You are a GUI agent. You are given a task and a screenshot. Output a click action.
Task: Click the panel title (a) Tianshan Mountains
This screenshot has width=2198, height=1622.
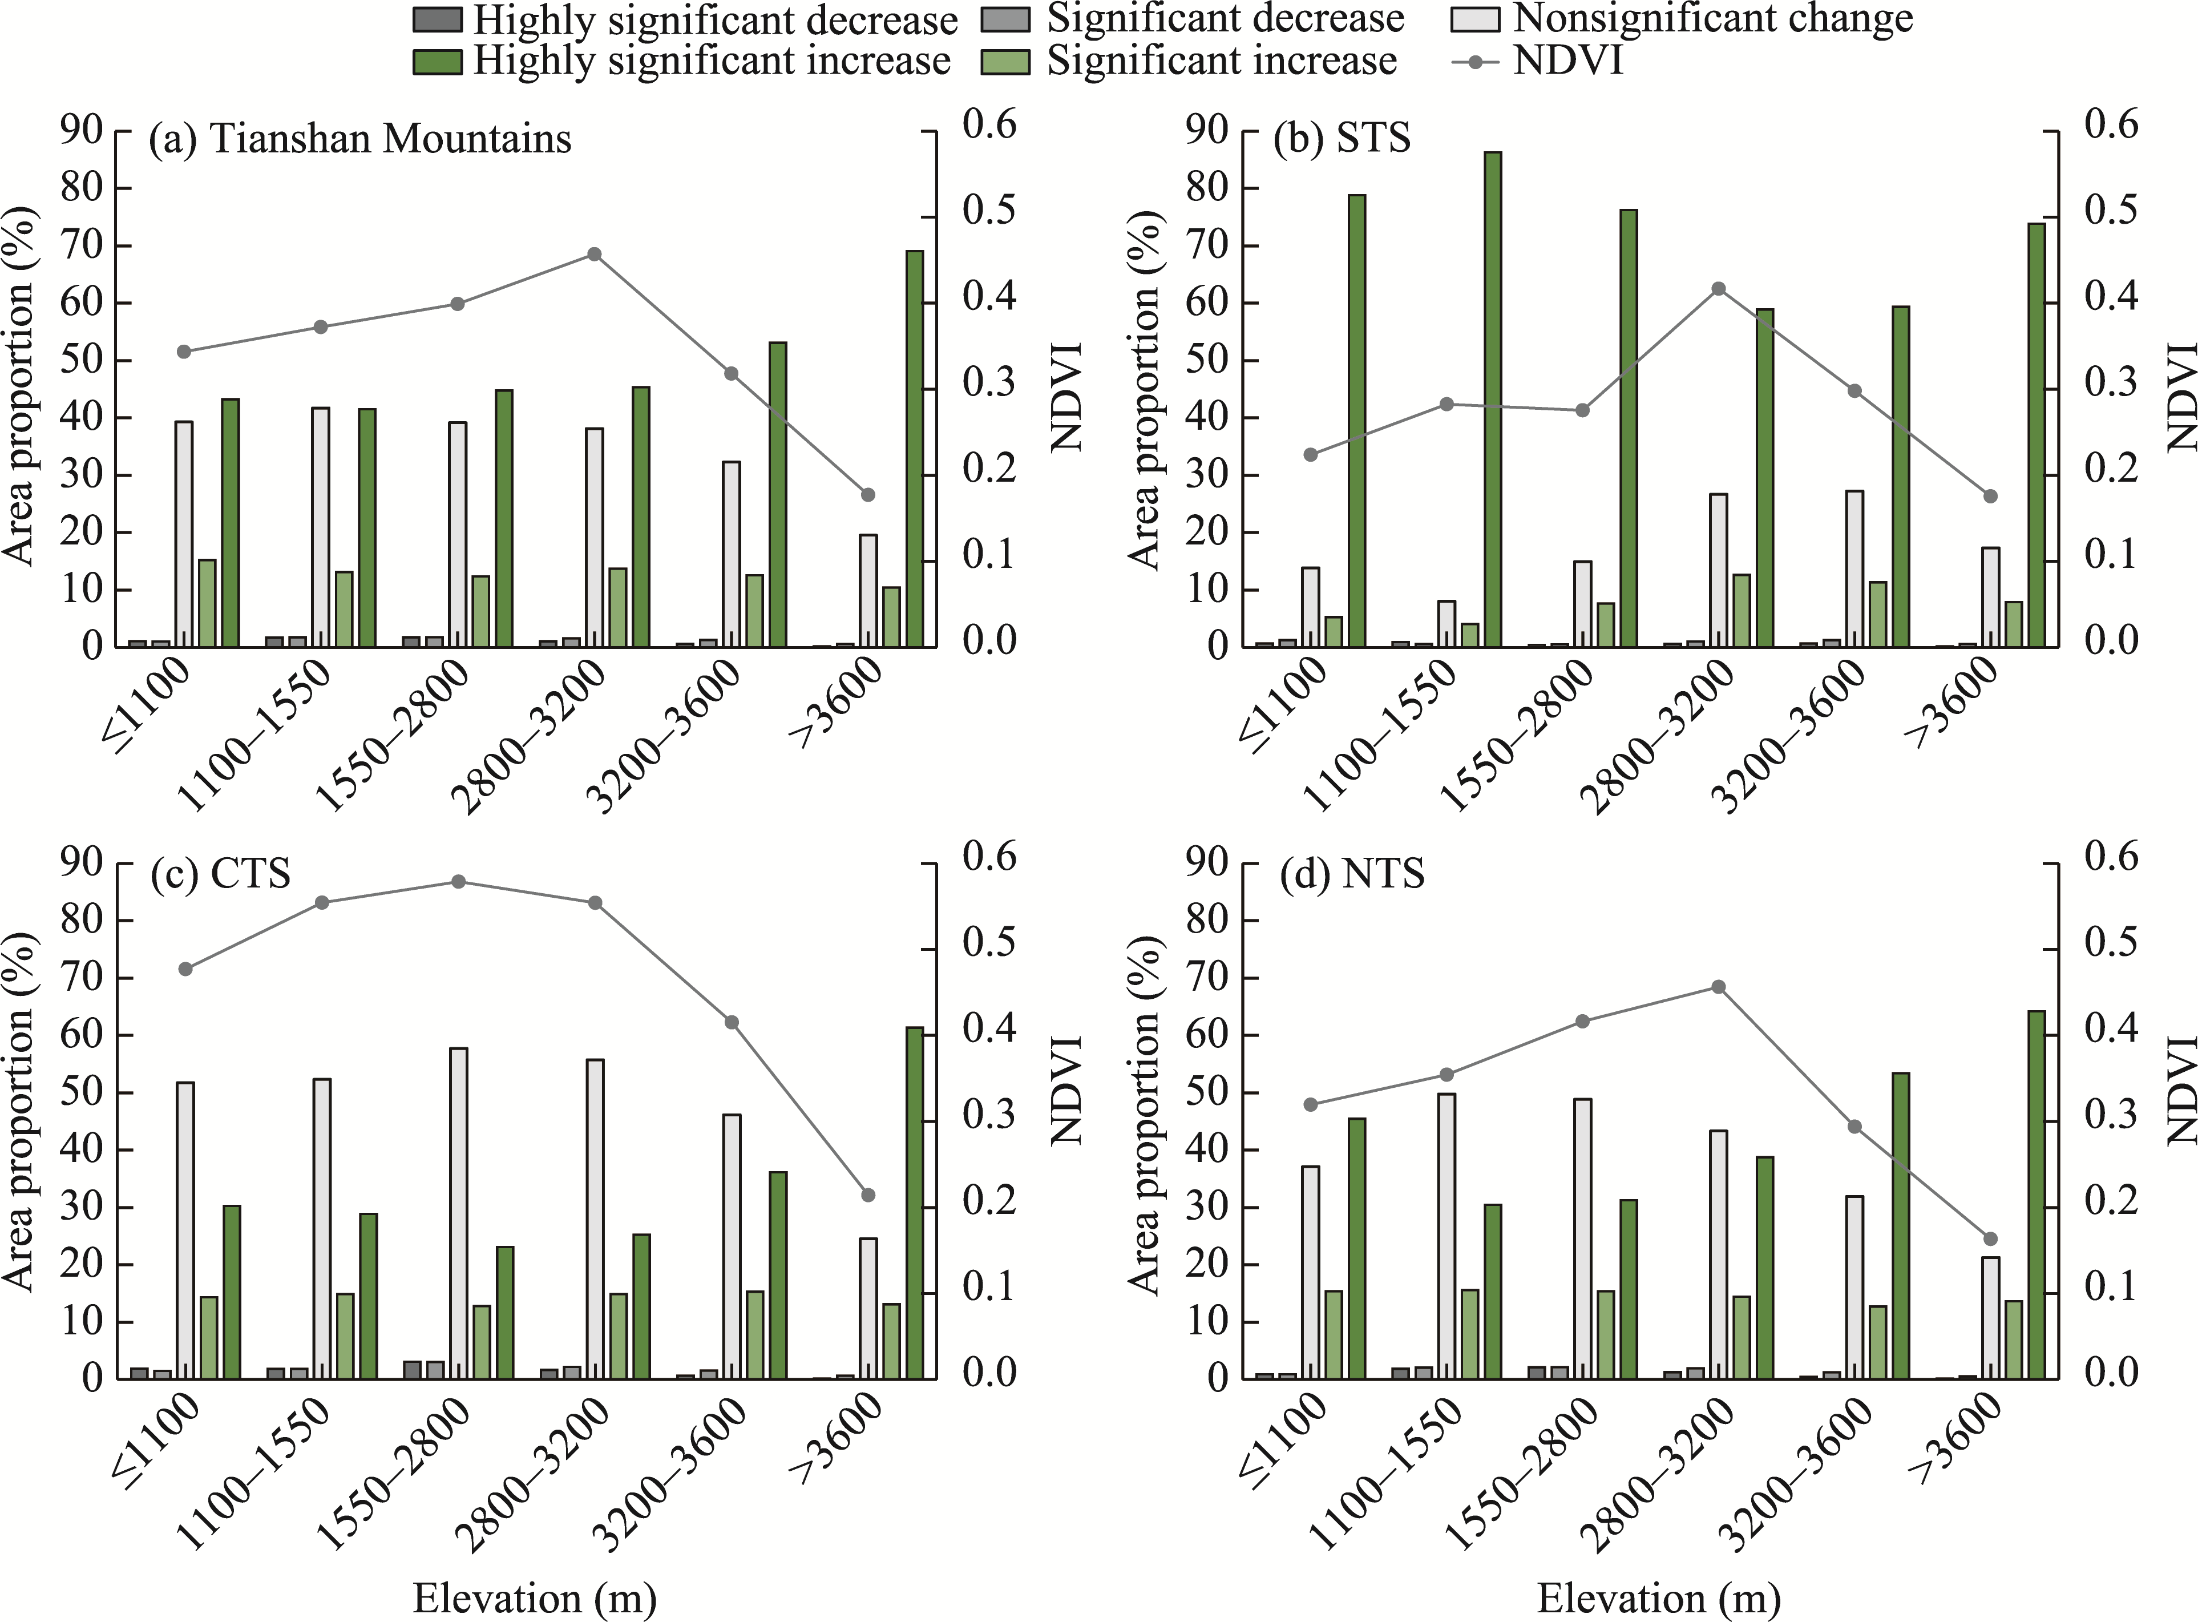(359, 139)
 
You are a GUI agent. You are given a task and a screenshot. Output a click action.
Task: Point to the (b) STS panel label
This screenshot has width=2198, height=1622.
(1341, 139)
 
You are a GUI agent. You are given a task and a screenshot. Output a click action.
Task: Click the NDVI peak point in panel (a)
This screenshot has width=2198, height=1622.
(594, 255)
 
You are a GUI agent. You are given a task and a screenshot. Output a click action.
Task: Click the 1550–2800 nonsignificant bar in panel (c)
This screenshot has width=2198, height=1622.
(458, 1213)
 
